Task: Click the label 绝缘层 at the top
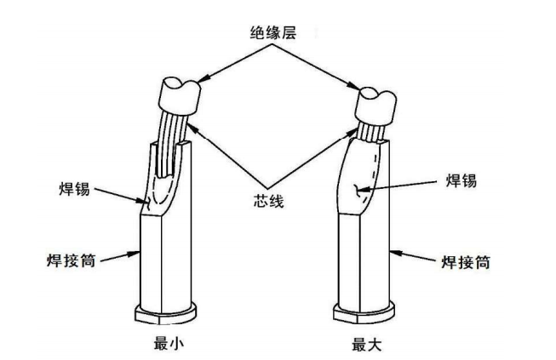275,35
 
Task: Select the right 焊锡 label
461,180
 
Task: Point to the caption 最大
366,345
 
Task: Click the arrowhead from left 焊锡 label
144,203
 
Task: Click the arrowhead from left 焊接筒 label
139,252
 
